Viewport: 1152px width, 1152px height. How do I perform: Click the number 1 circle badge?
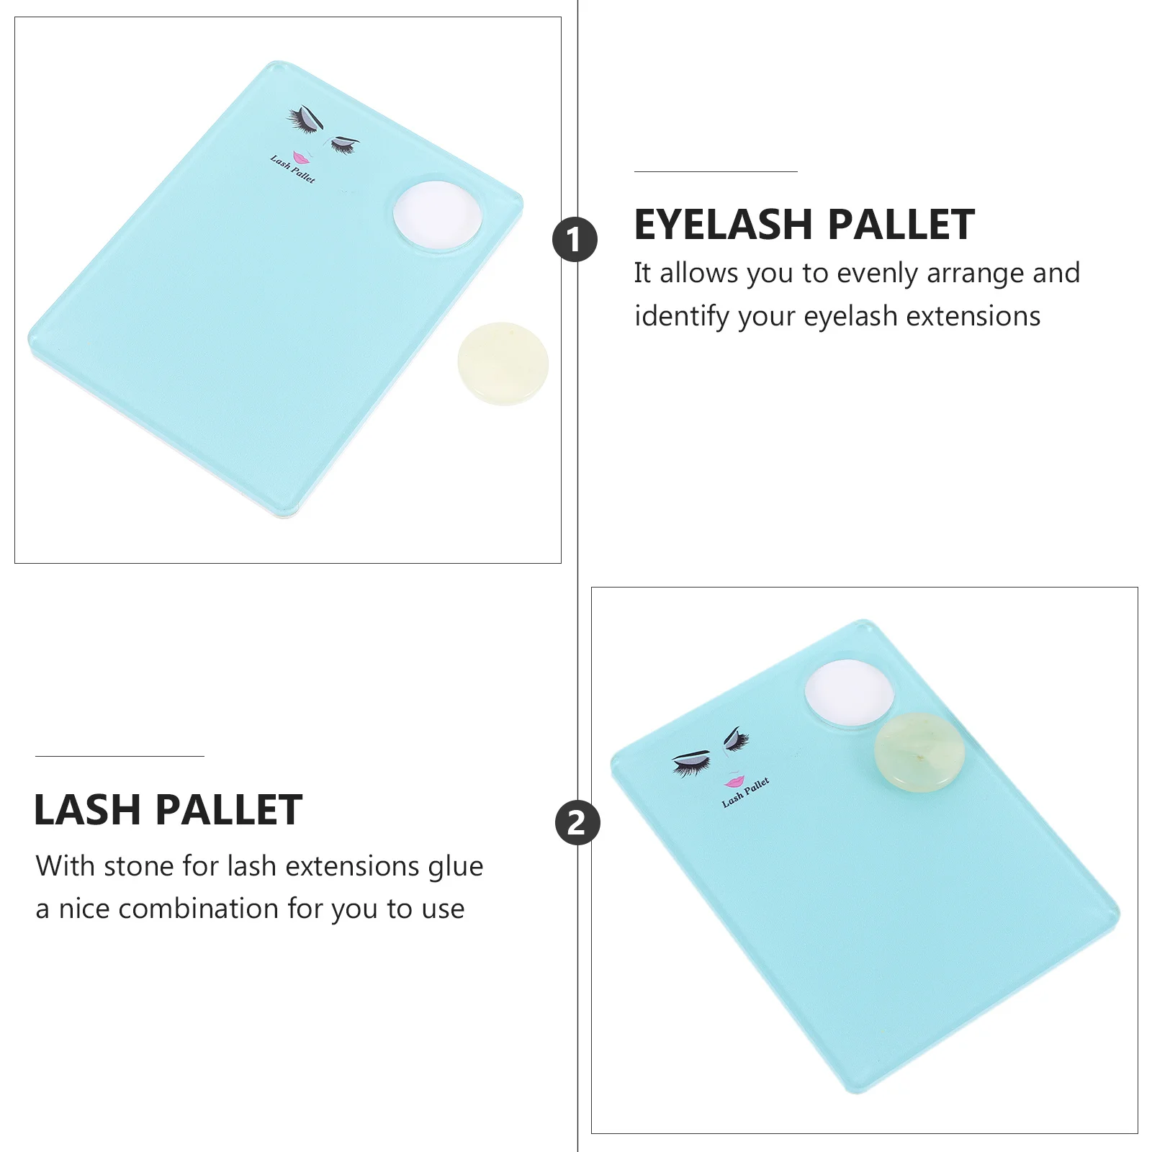pyautogui.click(x=575, y=239)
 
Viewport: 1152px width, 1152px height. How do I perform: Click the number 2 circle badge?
pyautogui.click(x=577, y=822)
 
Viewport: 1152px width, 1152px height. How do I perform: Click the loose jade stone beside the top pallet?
pyautogui.click(x=503, y=363)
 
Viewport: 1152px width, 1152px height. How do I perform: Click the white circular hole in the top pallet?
pyautogui.click(x=438, y=213)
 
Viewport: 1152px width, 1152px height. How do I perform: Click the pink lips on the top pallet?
pyautogui.click(x=300, y=157)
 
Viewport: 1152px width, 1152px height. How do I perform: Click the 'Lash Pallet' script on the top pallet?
pyautogui.click(x=292, y=168)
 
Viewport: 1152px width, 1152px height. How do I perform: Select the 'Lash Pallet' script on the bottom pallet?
pyautogui.click(x=746, y=792)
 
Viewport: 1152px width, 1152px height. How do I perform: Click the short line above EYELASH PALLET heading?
pyautogui.click(x=716, y=171)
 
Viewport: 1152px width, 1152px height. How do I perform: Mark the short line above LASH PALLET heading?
pyautogui.click(x=120, y=756)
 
